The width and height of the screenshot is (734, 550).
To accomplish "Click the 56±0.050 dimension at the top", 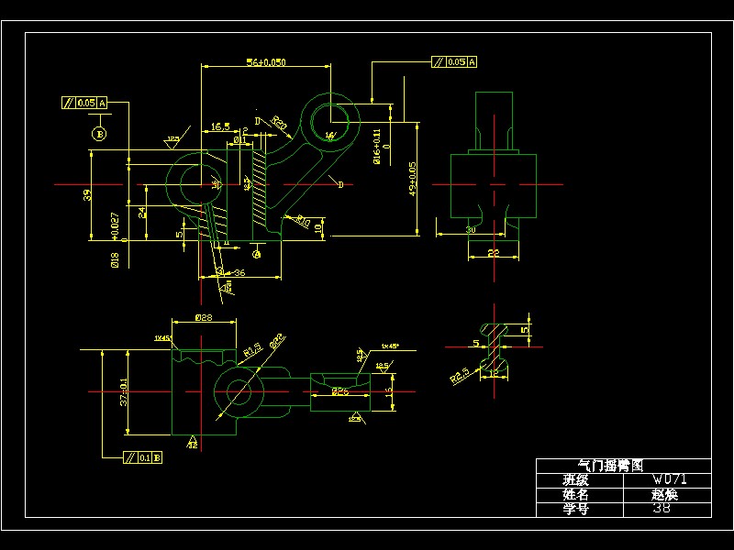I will [x=266, y=62].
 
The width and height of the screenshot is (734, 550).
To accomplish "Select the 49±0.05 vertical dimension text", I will [x=413, y=179].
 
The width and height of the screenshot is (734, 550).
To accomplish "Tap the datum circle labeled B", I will [x=99, y=134].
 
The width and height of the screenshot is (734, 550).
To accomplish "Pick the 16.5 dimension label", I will [x=220, y=127].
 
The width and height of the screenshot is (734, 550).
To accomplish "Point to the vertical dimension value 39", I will [x=87, y=194].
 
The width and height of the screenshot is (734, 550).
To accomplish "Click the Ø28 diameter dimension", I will [x=204, y=317].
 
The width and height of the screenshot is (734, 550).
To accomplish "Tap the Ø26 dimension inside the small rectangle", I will [x=339, y=391].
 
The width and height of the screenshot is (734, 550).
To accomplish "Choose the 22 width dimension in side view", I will [x=493, y=252].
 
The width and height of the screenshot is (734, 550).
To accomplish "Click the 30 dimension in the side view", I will [x=470, y=229].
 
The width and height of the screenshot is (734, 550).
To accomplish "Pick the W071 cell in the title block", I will [x=669, y=479].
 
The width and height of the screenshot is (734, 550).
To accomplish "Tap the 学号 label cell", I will [x=575, y=509].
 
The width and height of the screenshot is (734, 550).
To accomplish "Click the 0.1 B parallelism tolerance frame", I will [x=143, y=456].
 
